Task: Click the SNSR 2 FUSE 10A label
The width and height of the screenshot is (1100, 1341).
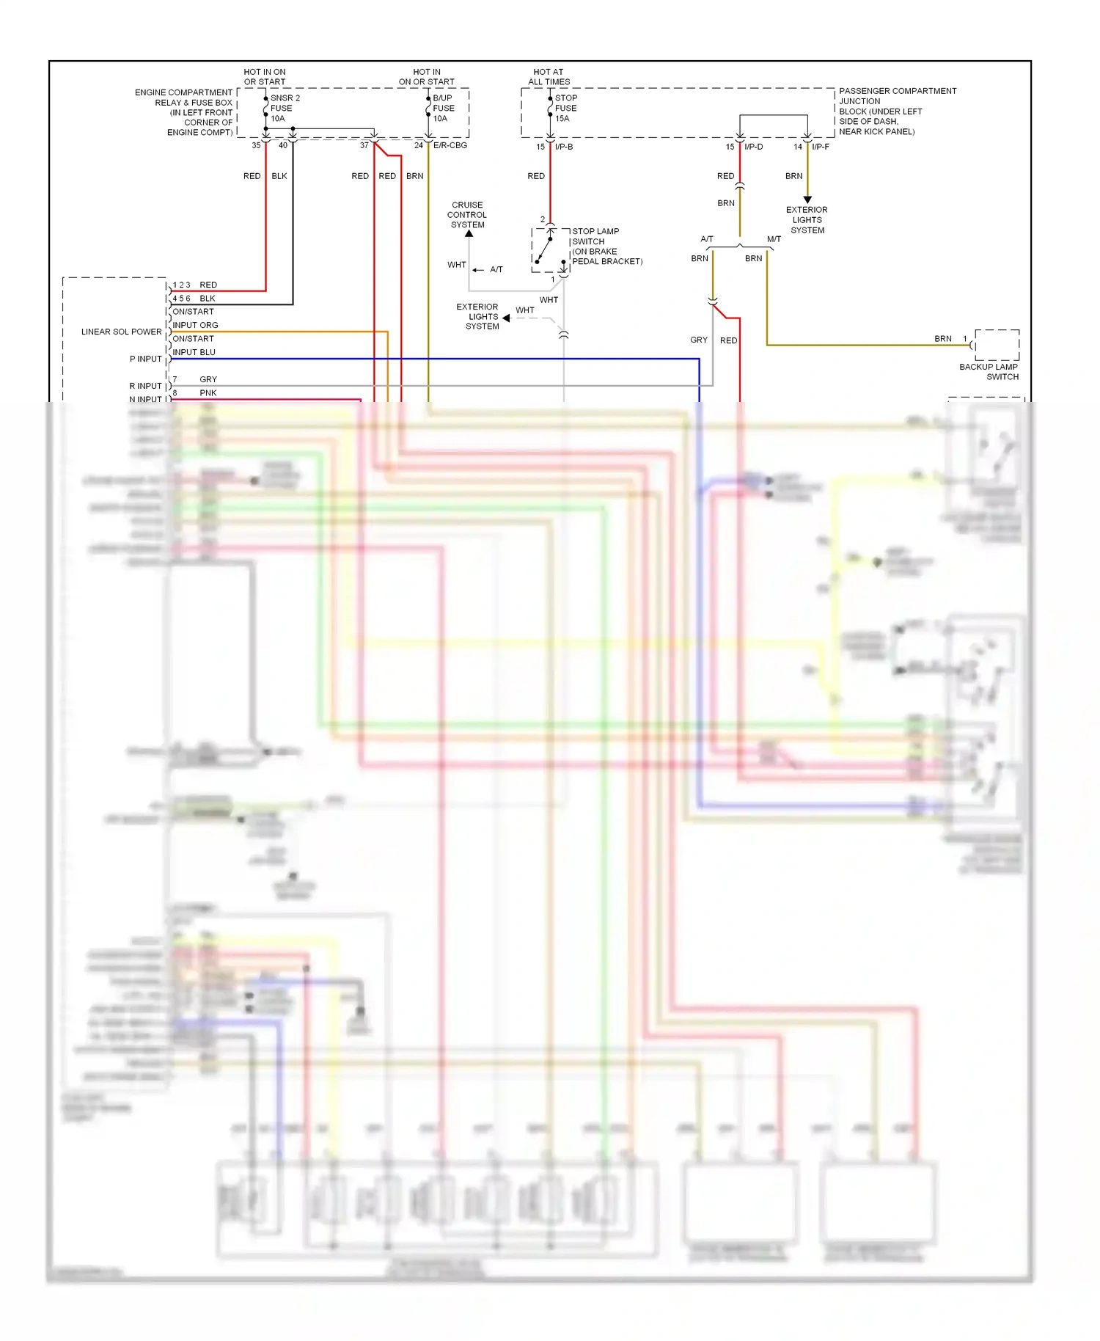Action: (x=284, y=108)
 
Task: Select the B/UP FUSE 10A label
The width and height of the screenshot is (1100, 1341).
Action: (x=443, y=108)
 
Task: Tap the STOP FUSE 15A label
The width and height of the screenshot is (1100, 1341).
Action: (x=565, y=108)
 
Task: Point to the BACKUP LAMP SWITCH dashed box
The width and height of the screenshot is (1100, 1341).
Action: (x=997, y=345)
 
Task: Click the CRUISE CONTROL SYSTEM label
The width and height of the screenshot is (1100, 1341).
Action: (x=467, y=215)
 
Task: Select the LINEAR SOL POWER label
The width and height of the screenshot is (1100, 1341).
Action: (x=121, y=332)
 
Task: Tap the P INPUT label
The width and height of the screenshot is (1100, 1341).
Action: (x=145, y=359)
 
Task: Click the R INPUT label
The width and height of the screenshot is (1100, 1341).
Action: (x=145, y=386)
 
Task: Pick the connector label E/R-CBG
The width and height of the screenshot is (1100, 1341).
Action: (x=450, y=145)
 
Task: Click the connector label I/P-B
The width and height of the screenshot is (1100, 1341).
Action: (x=564, y=147)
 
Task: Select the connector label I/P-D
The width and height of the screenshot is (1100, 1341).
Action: (x=753, y=147)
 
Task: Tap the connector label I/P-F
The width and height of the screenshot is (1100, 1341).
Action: (x=821, y=147)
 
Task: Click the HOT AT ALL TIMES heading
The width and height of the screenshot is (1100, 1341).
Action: (x=549, y=77)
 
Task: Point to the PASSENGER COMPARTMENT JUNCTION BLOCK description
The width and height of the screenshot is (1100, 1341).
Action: (x=897, y=112)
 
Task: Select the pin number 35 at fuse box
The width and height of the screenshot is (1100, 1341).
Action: (x=256, y=145)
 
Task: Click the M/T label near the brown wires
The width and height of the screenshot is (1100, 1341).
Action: (x=774, y=239)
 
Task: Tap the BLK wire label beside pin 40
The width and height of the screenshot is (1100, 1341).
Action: (x=279, y=176)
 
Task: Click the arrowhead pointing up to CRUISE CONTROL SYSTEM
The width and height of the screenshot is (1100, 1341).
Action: (x=469, y=234)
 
